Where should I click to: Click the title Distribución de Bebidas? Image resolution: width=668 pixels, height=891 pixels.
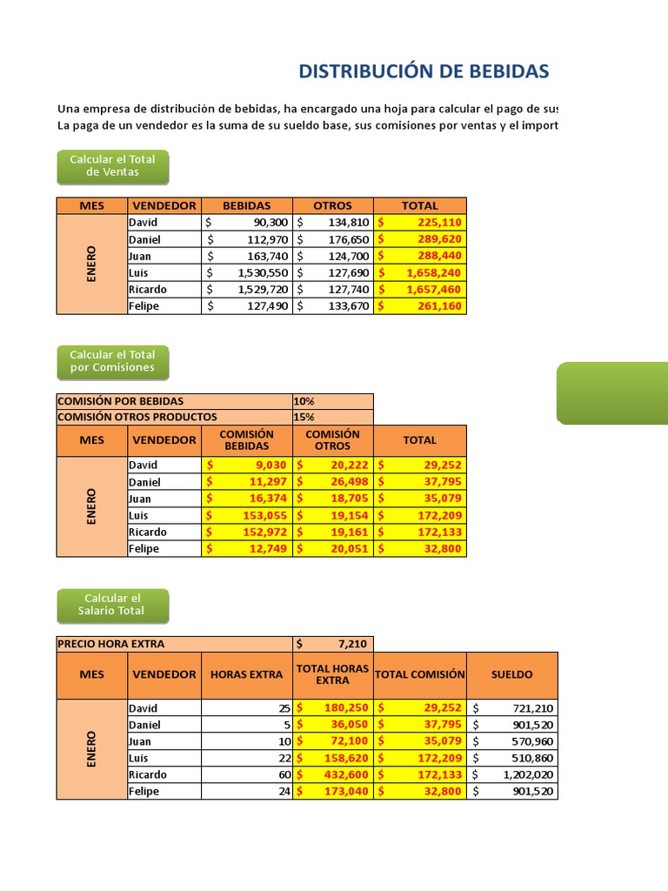(x=424, y=71)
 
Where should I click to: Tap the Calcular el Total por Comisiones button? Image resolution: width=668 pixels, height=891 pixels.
(x=112, y=361)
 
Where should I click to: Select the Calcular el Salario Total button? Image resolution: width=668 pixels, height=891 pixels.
(x=112, y=605)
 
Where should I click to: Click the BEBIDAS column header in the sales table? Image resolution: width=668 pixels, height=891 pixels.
(x=246, y=205)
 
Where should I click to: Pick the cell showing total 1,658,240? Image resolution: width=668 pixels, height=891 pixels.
(x=420, y=272)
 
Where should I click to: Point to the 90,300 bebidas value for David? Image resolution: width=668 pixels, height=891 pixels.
(x=246, y=223)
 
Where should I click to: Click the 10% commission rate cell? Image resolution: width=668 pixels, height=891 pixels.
(x=332, y=401)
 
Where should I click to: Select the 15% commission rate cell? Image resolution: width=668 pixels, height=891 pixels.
(x=332, y=417)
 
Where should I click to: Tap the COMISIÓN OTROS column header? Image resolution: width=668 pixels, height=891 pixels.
(x=332, y=440)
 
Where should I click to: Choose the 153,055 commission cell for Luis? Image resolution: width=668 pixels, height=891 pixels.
(x=246, y=515)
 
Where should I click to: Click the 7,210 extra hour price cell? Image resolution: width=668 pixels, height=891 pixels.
(x=332, y=644)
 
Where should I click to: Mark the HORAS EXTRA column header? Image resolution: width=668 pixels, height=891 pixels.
(x=246, y=674)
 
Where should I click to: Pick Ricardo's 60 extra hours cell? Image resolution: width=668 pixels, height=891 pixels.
(x=246, y=774)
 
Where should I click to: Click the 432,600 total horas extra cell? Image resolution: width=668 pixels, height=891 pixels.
(x=332, y=774)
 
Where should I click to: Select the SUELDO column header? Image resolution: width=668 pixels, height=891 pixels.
(x=512, y=674)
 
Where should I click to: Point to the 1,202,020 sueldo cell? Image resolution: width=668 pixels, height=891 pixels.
(x=512, y=774)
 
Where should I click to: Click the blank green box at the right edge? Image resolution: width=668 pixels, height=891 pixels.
(x=612, y=393)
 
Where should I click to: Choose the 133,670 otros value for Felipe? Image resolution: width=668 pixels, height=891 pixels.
(x=332, y=306)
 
